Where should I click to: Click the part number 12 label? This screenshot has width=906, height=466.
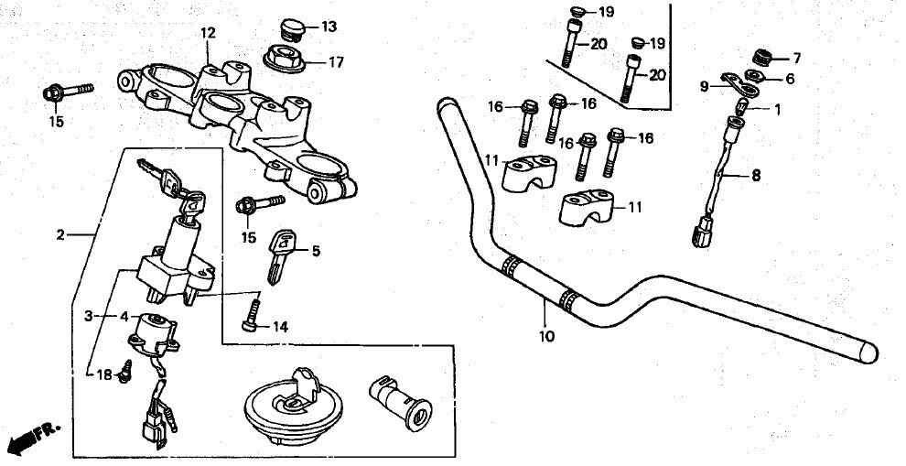coord(208,34)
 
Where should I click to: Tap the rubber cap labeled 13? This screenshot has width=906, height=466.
coord(292,30)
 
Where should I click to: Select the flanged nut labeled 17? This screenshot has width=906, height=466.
coord(285,60)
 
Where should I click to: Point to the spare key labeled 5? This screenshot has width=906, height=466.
coord(280,256)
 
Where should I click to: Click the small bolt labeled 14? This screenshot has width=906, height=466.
coord(251,313)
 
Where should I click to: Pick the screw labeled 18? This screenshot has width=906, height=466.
coord(125,371)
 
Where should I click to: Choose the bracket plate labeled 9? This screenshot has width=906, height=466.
coord(739,84)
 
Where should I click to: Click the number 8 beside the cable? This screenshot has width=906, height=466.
coord(756,175)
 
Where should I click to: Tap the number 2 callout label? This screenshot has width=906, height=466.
coord(60,234)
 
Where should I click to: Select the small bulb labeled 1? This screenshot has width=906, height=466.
coord(741,106)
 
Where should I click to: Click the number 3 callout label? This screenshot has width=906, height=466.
coord(89,316)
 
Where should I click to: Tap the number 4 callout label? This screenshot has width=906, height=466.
coord(124,316)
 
